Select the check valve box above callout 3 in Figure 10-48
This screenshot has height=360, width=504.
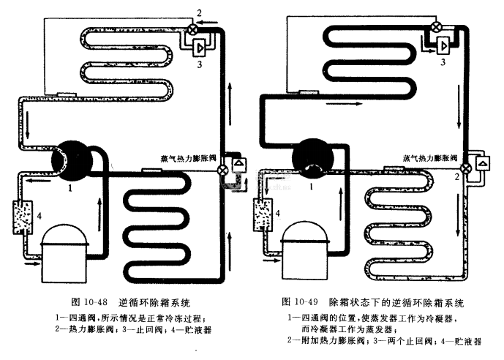(x=199, y=46)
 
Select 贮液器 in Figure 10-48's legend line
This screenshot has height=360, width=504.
(x=198, y=329)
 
